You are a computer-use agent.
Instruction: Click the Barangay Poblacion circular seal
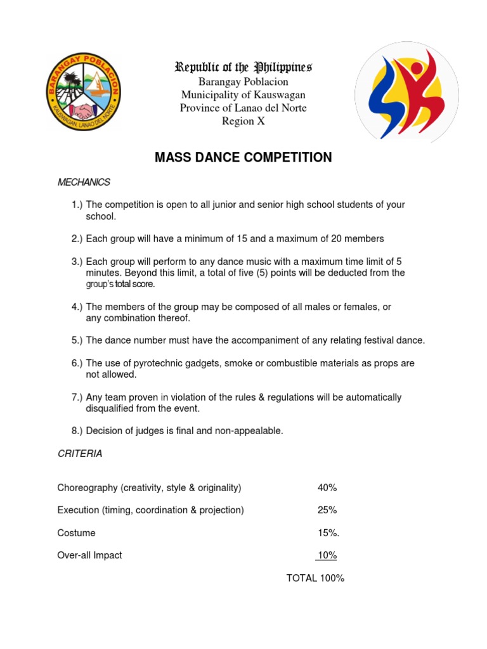83,93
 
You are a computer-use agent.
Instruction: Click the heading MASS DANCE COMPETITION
243,157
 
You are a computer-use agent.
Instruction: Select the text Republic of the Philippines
243,67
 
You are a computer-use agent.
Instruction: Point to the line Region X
243,121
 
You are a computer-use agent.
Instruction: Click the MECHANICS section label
84,183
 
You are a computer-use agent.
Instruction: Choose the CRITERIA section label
80,454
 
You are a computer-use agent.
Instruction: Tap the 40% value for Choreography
327,487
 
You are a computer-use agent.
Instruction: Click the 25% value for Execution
327,510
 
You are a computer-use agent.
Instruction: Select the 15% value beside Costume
328,533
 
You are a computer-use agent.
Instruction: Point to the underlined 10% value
327,555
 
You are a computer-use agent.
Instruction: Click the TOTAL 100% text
315,578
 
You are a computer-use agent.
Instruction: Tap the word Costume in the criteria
76,533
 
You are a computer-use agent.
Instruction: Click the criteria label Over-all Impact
89,555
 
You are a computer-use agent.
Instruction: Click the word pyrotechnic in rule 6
164,363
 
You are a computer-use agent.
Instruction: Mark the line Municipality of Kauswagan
243,94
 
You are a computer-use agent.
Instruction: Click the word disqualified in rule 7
111,409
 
